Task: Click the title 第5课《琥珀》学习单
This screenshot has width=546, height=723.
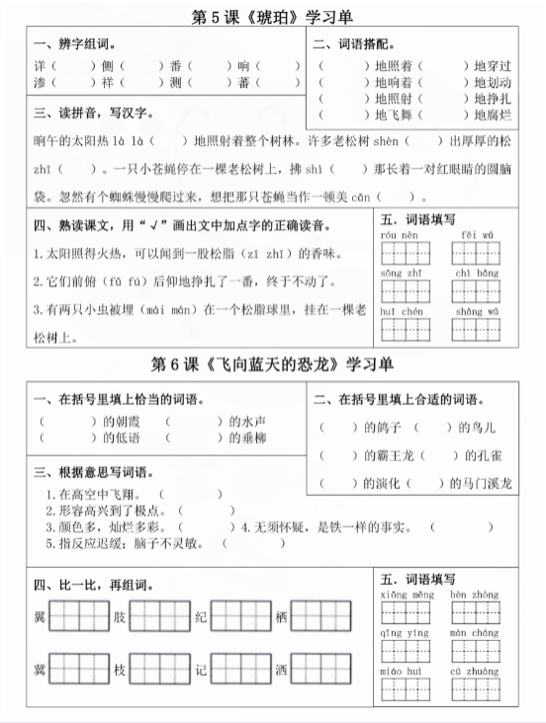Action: point(273,17)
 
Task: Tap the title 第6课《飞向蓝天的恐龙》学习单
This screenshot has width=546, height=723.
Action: point(273,364)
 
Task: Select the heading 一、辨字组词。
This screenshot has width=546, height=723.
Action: point(74,44)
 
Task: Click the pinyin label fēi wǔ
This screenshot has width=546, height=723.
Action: point(470,234)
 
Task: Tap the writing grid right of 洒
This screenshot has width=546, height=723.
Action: point(320,671)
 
